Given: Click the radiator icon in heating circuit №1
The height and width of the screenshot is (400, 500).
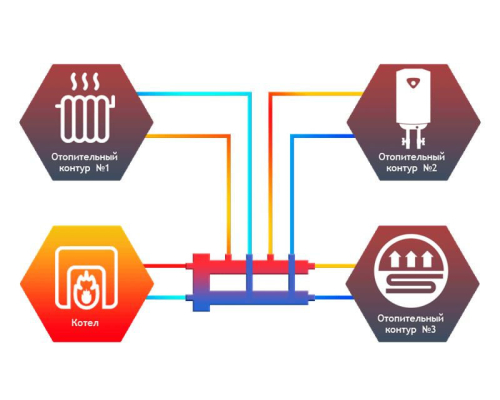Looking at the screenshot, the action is coord(86,117).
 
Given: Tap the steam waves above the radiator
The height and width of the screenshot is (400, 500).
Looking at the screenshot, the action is coord(86,82).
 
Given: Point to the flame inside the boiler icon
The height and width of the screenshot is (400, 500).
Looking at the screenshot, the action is coord(86,286).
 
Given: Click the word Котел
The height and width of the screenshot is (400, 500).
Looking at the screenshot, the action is coord(85,323).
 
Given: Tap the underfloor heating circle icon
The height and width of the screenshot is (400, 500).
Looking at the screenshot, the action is coord(412,271).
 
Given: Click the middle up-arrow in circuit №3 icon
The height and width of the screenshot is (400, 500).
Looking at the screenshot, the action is coord(412,259).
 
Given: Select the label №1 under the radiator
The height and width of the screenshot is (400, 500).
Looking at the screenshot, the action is coord(102,168).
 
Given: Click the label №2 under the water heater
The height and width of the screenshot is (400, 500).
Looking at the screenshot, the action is coord(430,168).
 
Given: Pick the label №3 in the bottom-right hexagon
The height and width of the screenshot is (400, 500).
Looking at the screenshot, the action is coord(428,329).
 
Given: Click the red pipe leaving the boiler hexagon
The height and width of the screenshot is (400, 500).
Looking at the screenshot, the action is coord(166,266).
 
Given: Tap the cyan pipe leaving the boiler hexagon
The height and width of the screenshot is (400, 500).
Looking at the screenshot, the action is coord(166,298).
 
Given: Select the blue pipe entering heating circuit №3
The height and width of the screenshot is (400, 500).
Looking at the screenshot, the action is coord(334,298).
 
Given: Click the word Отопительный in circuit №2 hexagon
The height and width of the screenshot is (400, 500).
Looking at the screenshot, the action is coord(411,156).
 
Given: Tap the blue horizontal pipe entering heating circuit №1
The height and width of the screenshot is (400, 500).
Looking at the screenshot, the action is coord(193,94).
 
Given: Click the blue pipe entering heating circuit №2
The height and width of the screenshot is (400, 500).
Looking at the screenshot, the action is coord(323,136).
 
